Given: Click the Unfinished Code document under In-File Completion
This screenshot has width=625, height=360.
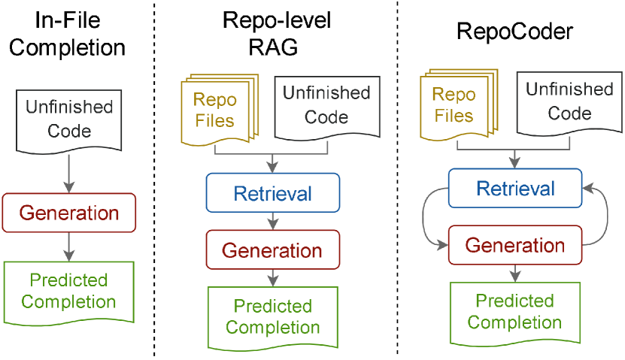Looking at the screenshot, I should click(x=69, y=120).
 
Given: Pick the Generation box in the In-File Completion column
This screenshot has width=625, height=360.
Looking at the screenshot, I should click(x=69, y=212).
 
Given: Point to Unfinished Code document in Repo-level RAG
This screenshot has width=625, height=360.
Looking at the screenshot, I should click(x=326, y=105).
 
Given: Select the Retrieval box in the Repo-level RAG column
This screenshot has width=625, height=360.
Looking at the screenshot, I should click(x=272, y=193).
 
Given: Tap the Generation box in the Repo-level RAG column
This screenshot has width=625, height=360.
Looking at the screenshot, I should click(x=272, y=250).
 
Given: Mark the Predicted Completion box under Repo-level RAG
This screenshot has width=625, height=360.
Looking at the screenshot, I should click(x=272, y=317).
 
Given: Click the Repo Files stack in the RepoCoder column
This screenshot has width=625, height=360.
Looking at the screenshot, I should click(x=456, y=104).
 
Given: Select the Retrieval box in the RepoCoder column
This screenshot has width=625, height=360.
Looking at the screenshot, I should click(x=514, y=188).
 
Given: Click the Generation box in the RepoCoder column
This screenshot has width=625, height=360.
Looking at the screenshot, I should click(x=514, y=245).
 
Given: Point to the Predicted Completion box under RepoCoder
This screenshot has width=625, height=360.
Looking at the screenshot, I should click(x=514, y=312).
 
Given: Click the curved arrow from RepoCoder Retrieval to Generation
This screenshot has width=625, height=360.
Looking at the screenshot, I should click(x=426, y=218).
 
